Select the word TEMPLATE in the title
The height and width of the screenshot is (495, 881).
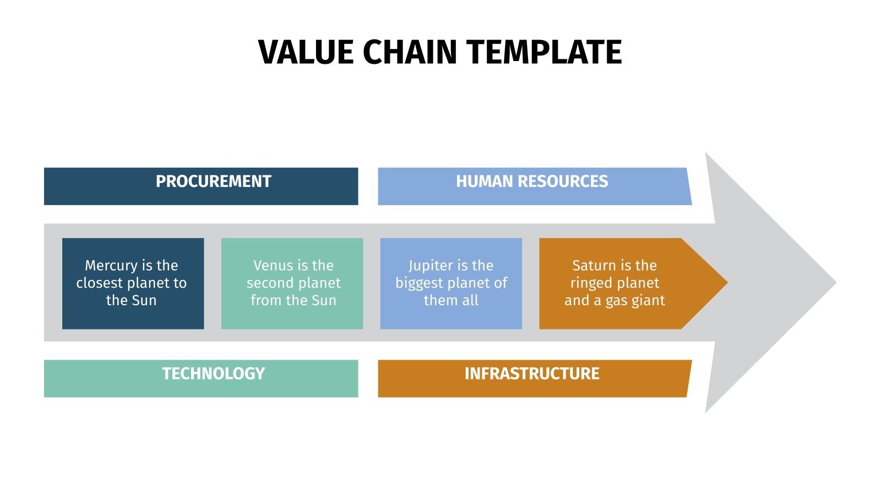(545, 53)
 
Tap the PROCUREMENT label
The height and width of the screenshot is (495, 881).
(213, 182)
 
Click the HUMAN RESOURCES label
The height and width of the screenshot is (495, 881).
(532, 182)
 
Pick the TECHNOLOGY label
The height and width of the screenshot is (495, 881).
(213, 374)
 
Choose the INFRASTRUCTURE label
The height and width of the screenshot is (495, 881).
(532, 374)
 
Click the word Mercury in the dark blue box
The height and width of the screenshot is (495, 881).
(111, 266)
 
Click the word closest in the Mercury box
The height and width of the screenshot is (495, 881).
(100, 283)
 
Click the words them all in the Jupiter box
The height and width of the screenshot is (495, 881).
(451, 301)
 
